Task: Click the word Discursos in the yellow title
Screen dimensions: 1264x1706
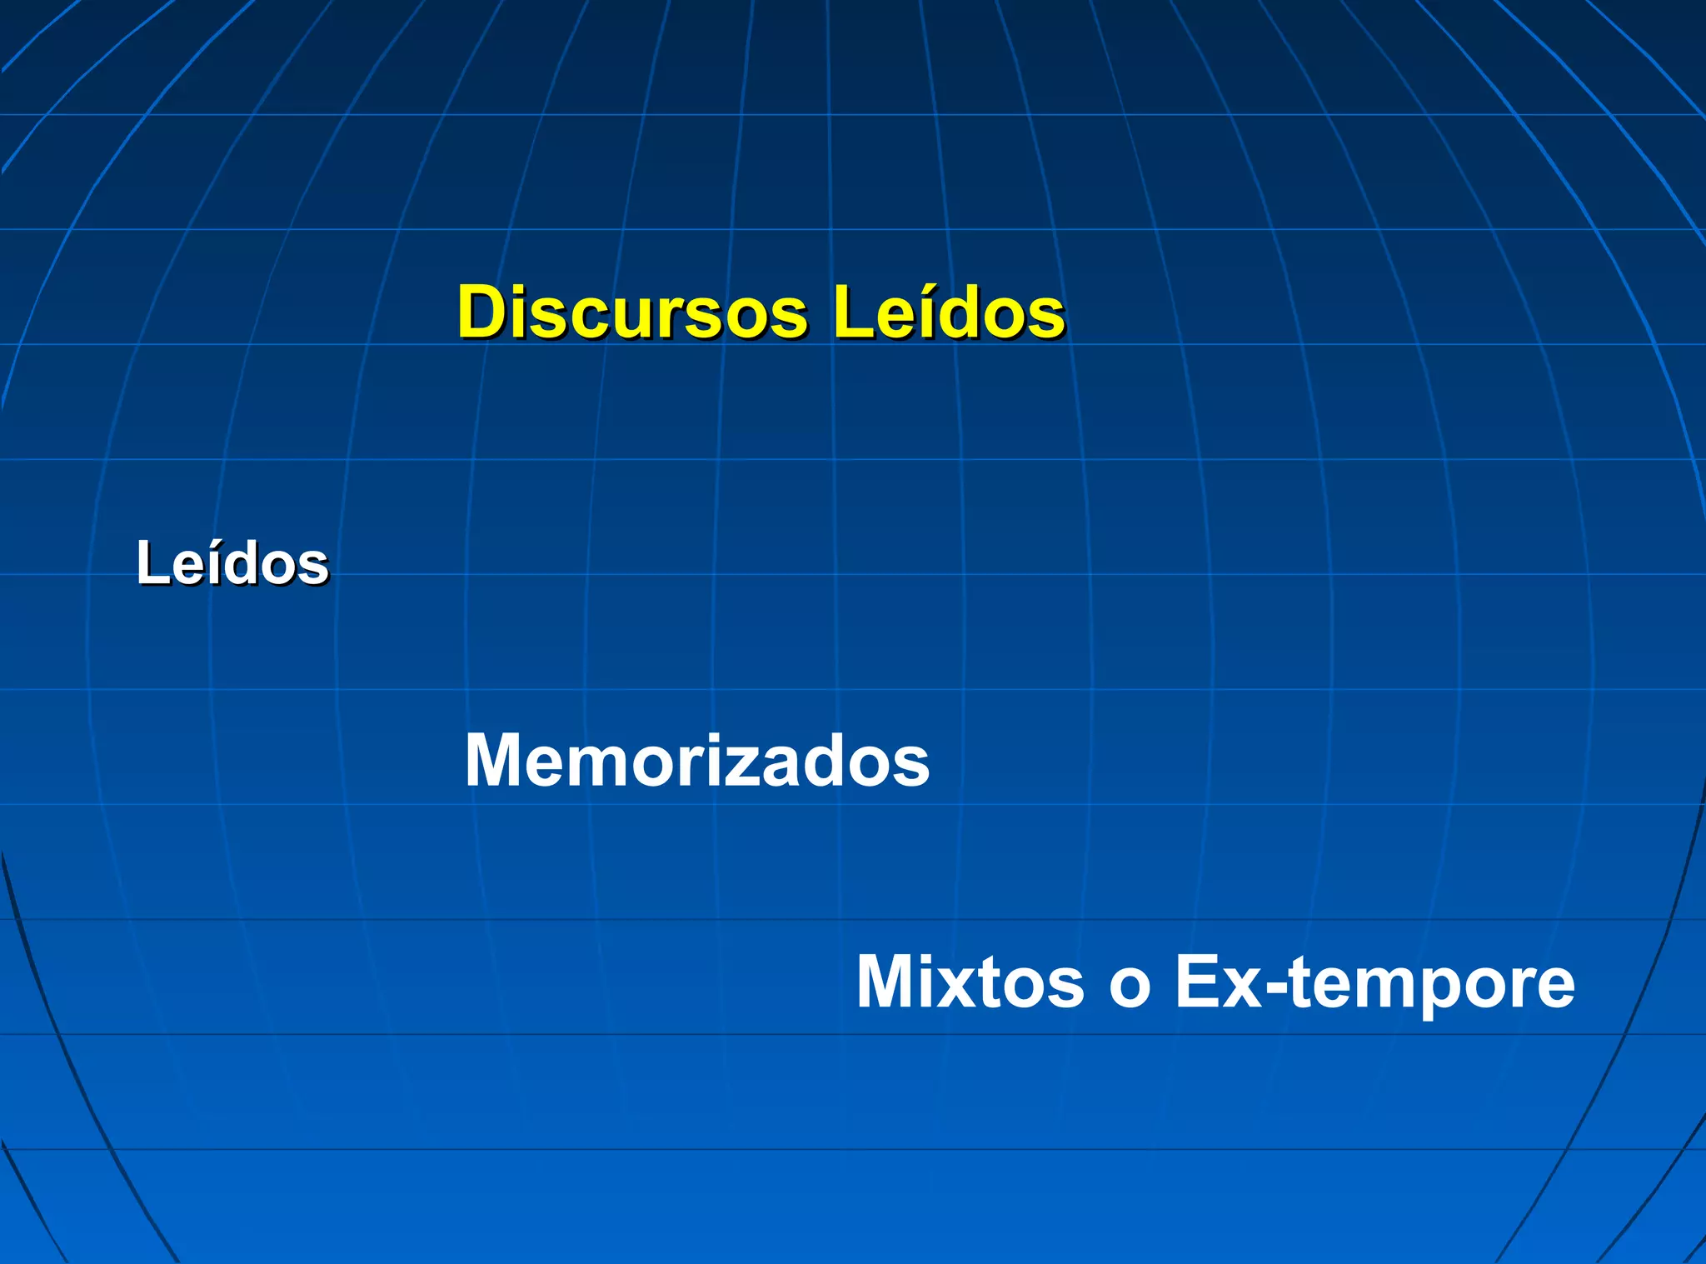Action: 633,312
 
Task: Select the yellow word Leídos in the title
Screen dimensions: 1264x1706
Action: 949,312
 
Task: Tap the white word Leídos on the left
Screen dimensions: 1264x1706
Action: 232,564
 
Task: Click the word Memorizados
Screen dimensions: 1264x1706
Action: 696,760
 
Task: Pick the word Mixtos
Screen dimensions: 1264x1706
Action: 970,982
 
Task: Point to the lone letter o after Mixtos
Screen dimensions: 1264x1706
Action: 1130,987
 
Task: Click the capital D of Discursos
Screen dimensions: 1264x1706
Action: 483,312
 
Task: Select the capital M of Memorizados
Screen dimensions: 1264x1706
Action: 495,760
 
